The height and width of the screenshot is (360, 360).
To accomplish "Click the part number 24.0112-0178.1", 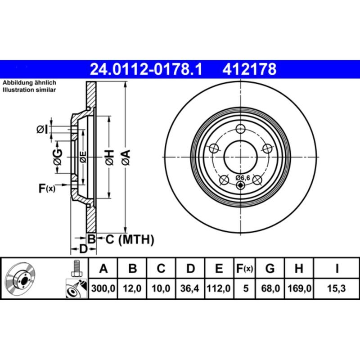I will coord(146,69).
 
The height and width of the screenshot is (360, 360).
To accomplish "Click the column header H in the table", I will coord(298,269).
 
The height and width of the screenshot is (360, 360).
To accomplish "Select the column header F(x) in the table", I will coord(245,269).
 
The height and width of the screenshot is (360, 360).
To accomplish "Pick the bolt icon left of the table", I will coord(76,269).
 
